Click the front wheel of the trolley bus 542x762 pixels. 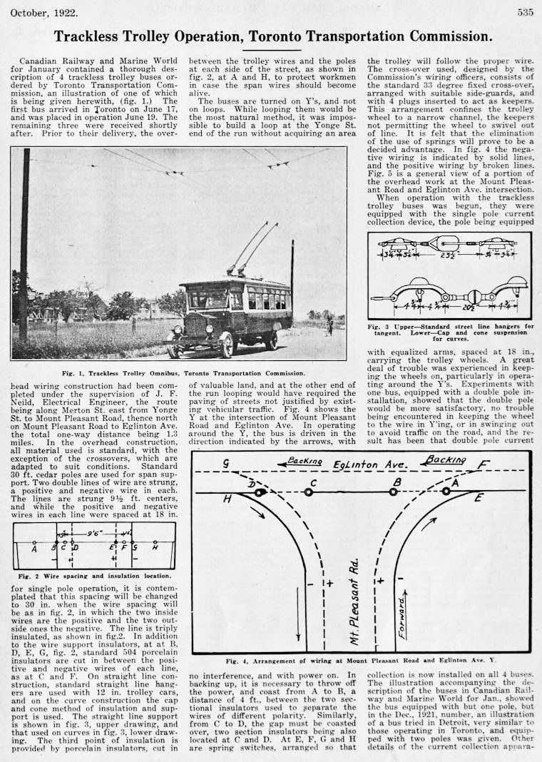click(227, 346)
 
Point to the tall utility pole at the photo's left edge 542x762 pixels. click(24, 243)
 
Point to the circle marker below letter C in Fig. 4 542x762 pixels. click(308, 492)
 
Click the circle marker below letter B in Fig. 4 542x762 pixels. click(393, 492)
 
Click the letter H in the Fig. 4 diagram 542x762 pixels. click(227, 499)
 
